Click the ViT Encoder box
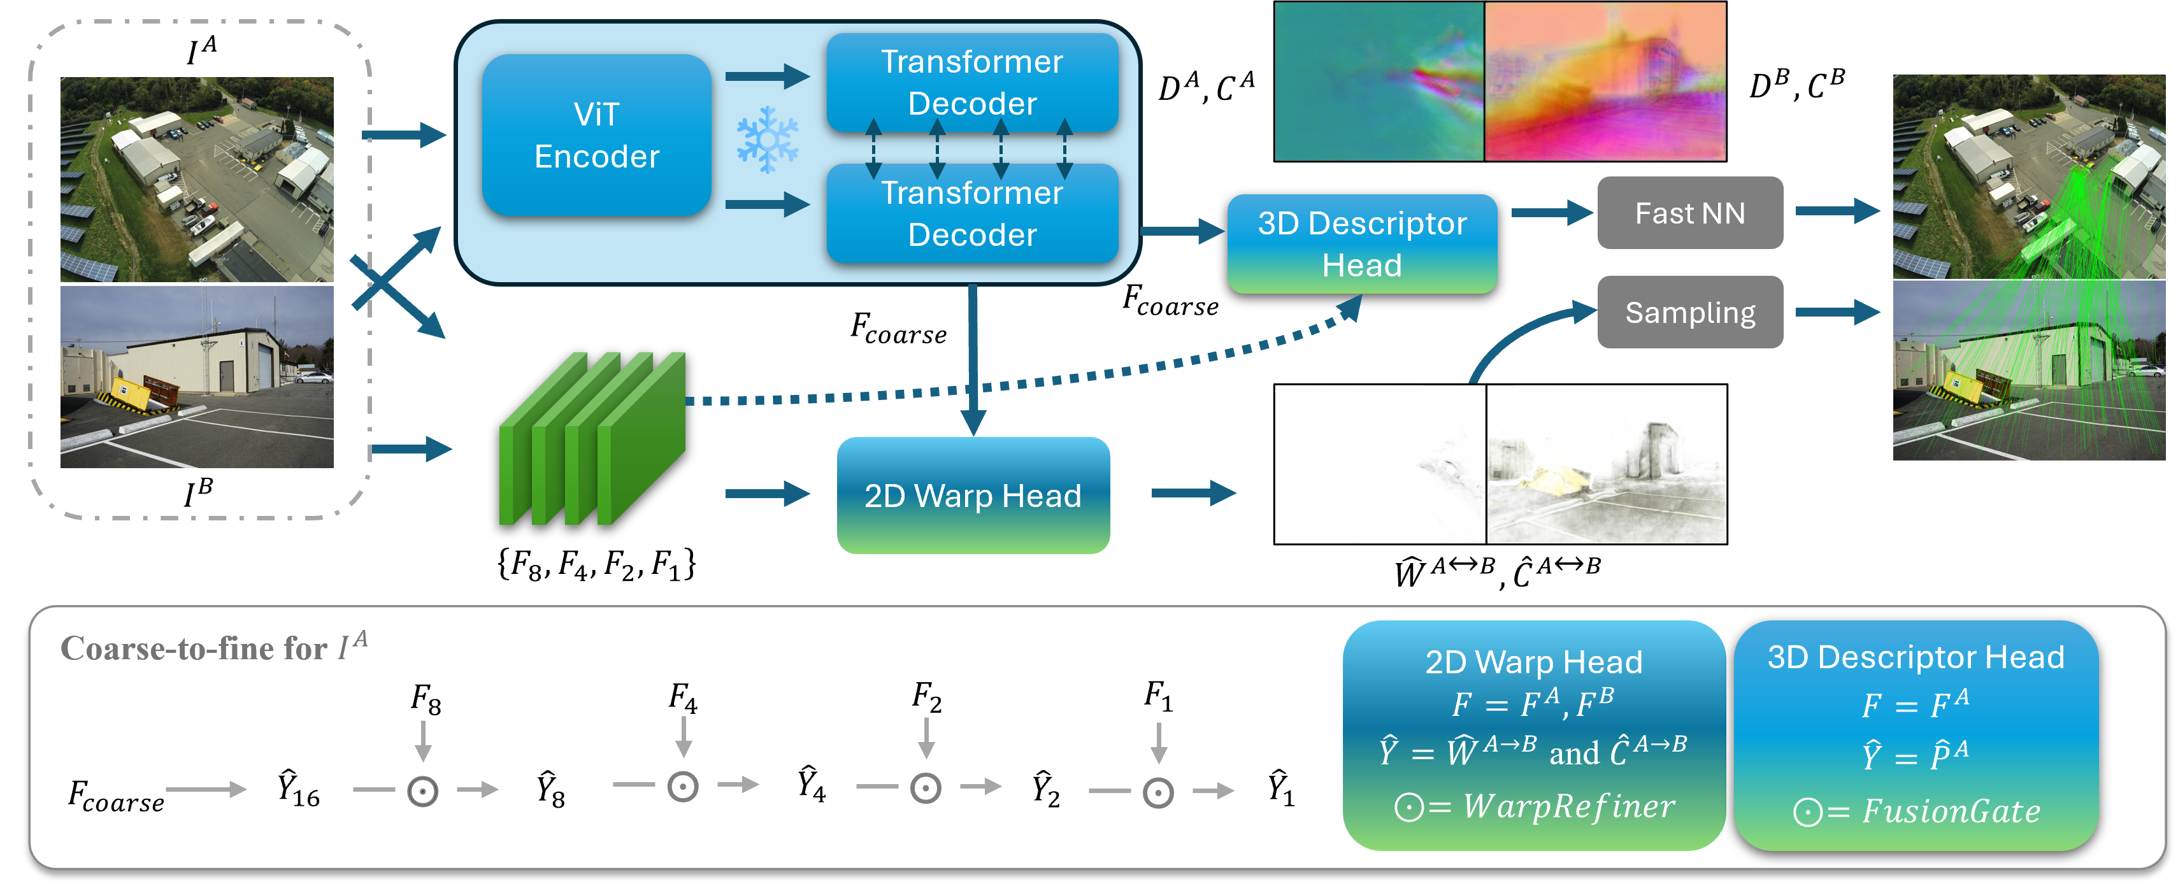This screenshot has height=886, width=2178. coord(596,135)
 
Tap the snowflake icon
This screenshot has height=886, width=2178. coord(767,139)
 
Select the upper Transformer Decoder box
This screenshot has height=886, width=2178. coord(972,82)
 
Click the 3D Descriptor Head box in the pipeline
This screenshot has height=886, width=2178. coord(1361,243)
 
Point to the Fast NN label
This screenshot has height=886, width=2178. coord(1689,213)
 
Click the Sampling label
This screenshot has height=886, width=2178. coord(1689,313)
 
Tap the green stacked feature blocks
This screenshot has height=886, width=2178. coord(592,439)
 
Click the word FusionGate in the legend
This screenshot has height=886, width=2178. coord(1951,811)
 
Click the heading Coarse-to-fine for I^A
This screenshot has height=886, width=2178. coord(214,648)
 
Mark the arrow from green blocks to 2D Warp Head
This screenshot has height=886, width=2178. coord(766,494)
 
